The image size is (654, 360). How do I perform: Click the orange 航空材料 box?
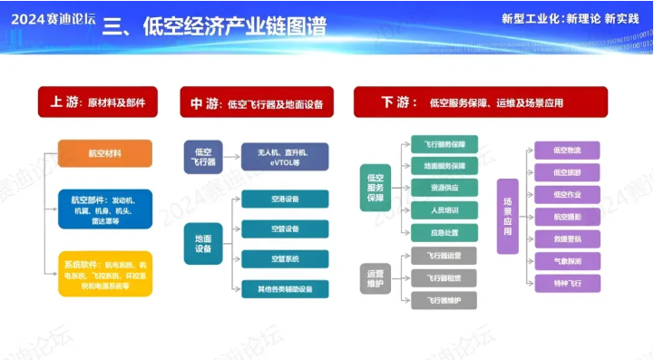coord(104,153)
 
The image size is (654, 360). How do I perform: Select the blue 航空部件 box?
coord(104,209)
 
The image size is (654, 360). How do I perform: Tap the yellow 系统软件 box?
coord(104,273)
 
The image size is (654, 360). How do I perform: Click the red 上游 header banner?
coord(98,102)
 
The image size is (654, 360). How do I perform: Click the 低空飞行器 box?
coord(203,157)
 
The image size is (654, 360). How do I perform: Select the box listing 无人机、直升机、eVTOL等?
coord(285,157)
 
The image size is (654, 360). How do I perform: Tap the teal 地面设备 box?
coord(203,243)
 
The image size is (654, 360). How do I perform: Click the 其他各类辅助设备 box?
coord(285,289)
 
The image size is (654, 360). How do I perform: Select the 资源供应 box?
coord(444,188)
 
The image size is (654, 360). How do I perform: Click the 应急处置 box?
coord(444,231)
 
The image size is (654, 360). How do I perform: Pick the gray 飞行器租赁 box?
coord(444,278)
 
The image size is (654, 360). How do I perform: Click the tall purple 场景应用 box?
coord(507,216)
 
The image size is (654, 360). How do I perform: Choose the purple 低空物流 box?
coord(567,150)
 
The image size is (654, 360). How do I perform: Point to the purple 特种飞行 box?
coord(567,283)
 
